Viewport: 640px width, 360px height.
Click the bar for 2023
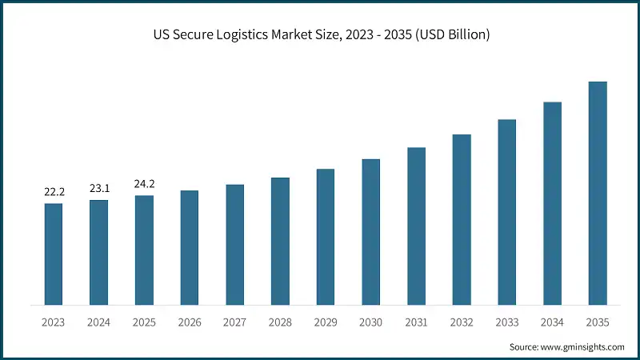[x=54, y=254]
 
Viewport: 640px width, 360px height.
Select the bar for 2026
[x=190, y=247]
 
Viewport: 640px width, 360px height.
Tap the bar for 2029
[x=326, y=237]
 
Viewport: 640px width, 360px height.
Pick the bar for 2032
[x=462, y=219]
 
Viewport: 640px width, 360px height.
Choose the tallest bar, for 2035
[x=598, y=193]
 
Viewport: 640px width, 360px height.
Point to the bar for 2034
[x=552, y=203]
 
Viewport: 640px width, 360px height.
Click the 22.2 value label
[x=54, y=193]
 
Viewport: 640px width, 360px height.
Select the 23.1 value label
[x=99, y=189]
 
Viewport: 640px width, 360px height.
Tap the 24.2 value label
[x=144, y=184]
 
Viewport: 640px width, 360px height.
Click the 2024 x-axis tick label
[x=99, y=322]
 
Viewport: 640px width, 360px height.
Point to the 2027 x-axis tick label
[x=235, y=322]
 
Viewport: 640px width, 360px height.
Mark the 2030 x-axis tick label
[x=371, y=322]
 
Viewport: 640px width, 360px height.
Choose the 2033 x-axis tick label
[x=507, y=322]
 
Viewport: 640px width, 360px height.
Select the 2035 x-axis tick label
[x=598, y=322]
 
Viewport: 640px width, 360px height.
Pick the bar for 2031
[x=416, y=226]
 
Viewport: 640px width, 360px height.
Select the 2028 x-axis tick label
[x=280, y=322]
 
